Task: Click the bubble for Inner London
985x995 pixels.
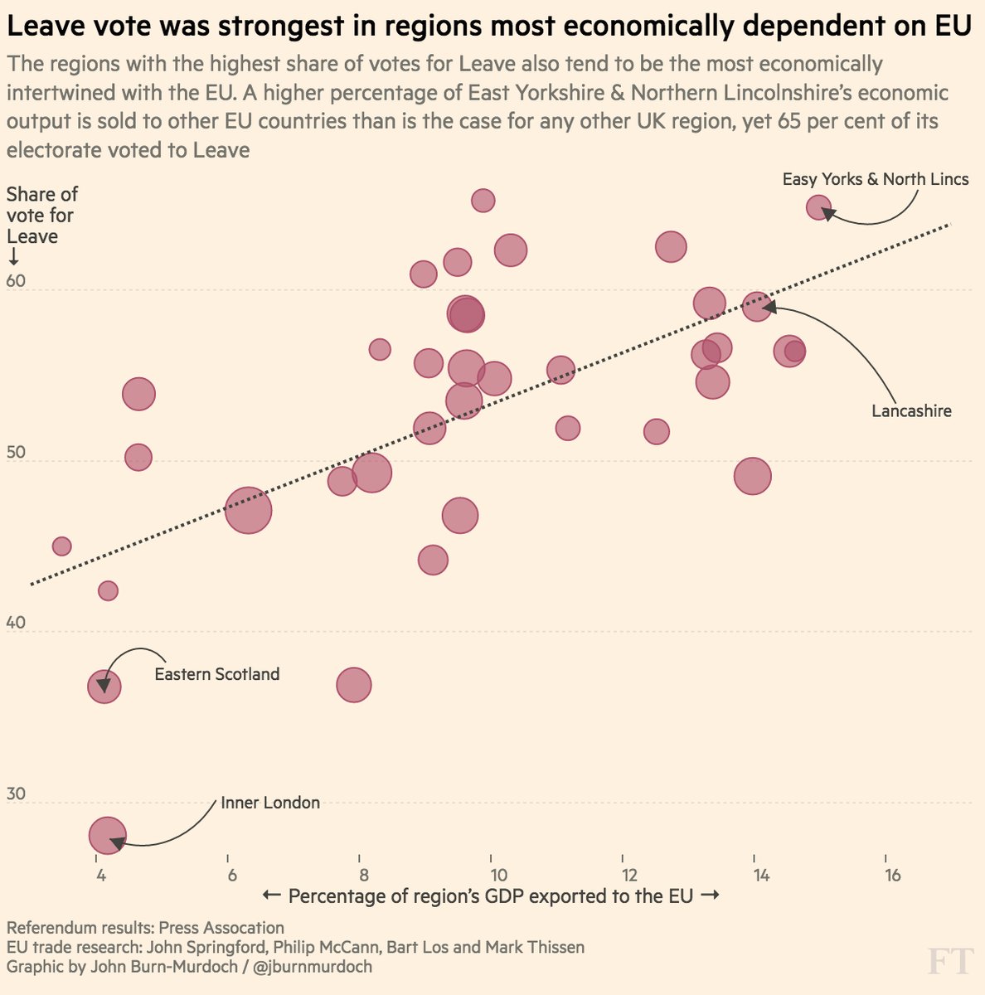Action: [107, 835]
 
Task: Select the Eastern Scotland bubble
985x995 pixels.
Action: [104, 687]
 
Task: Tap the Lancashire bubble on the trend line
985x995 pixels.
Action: [757, 307]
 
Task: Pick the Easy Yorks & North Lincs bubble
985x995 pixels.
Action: [818, 207]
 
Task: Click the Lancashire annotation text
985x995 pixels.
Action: [911, 410]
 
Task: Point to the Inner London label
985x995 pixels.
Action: [270, 803]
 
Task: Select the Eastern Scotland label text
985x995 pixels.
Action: [217, 674]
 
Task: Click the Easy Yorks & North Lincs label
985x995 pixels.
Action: [876, 179]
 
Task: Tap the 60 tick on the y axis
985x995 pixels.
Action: [16, 281]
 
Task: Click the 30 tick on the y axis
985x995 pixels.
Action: [16, 794]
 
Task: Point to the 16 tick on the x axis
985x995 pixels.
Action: [892, 876]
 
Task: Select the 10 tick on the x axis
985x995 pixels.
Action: [497, 876]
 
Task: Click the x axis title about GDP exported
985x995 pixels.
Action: [490, 896]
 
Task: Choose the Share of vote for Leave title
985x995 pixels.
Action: [41, 216]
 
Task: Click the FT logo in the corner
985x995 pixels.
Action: [949, 963]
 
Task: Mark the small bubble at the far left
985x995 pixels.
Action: [61, 546]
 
